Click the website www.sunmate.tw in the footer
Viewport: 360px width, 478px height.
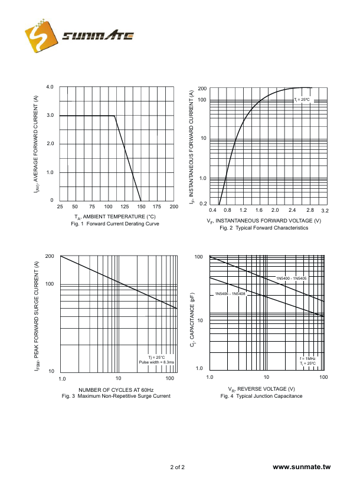(x=303, y=467)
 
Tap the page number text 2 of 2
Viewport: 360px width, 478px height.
(x=178, y=467)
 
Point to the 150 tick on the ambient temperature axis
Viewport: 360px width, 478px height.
(x=141, y=207)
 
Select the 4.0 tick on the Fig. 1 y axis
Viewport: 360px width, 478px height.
(x=50, y=87)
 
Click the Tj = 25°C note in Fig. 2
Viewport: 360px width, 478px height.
(x=302, y=100)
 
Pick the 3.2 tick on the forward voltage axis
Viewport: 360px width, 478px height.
(x=325, y=211)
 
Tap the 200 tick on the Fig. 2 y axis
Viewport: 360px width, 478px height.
(x=202, y=89)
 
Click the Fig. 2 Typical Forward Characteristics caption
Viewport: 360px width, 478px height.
(x=264, y=228)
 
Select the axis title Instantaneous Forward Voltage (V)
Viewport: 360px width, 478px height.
(x=264, y=221)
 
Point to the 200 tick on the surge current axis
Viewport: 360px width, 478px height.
(x=50, y=256)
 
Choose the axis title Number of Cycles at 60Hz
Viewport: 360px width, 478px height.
(x=116, y=389)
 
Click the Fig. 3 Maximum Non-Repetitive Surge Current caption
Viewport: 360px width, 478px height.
(x=116, y=396)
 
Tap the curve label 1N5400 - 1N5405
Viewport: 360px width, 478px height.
(x=292, y=278)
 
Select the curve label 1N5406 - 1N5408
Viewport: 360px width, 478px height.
(x=230, y=294)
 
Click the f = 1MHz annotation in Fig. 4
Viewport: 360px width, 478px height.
(x=307, y=358)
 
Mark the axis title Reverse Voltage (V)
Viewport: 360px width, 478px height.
(x=261, y=389)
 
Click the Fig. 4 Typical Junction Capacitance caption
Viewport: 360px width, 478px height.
(x=261, y=396)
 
